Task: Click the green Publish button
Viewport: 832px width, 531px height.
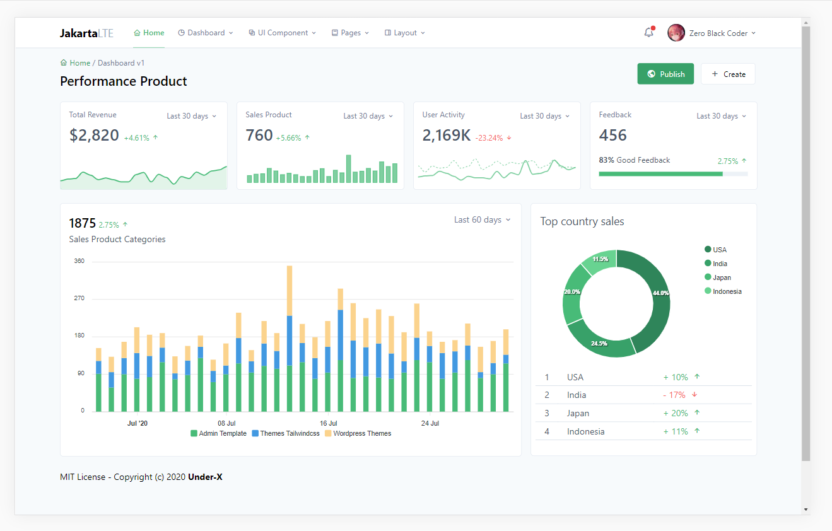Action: pyautogui.click(x=665, y=74)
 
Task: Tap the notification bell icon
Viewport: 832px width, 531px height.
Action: pyautogui.click(x=649, y=33)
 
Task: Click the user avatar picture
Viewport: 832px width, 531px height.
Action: pyautogui.click(x=676, y=33)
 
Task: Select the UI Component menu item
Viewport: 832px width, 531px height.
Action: pyautogui.click(x=283, y=33)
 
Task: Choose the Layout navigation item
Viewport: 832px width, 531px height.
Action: pyautogui.click(x=404, y=33)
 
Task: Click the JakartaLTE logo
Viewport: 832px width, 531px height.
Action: pyautogui.click(x=86, y=33)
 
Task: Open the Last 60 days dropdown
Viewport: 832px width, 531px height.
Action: pyautogui.click(x=482, y=220)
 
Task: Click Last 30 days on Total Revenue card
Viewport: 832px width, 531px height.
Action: pyautogui.click(x=191, y=116)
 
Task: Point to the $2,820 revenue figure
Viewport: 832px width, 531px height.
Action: pyautogui.click(x=94, y=135)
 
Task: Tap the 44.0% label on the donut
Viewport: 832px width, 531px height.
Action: pyautogui.click(x=660, y=293)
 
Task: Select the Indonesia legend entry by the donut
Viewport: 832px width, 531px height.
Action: pyautogui.click(x=723, y=291)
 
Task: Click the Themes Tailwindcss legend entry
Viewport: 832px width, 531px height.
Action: pyautogui.click(x=286, y=433)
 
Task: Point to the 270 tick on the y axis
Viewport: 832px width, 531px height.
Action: pyautogui.click(x=79, y=298)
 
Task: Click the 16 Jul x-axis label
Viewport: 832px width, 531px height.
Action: pyautogui.click(x=329, y=423)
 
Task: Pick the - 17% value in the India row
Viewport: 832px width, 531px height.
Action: pyautogui.click(x=674, y=395)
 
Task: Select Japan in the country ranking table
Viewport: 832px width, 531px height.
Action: pyautogui.click(x=578, y=413)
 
